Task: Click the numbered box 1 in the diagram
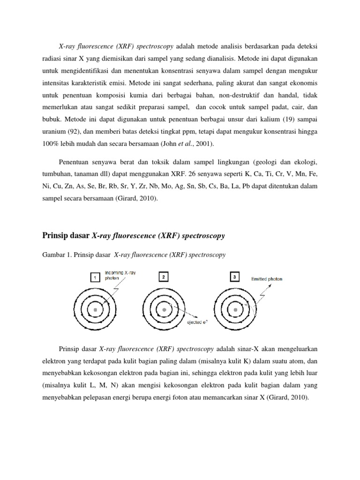(95, 277)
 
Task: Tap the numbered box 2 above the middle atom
(163, 277)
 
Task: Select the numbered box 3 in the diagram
(234, 277)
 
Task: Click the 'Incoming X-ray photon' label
(120, 274)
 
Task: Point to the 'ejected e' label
(199, 322)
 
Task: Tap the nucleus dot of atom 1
(95, 310)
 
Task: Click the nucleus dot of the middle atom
(164, 310)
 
